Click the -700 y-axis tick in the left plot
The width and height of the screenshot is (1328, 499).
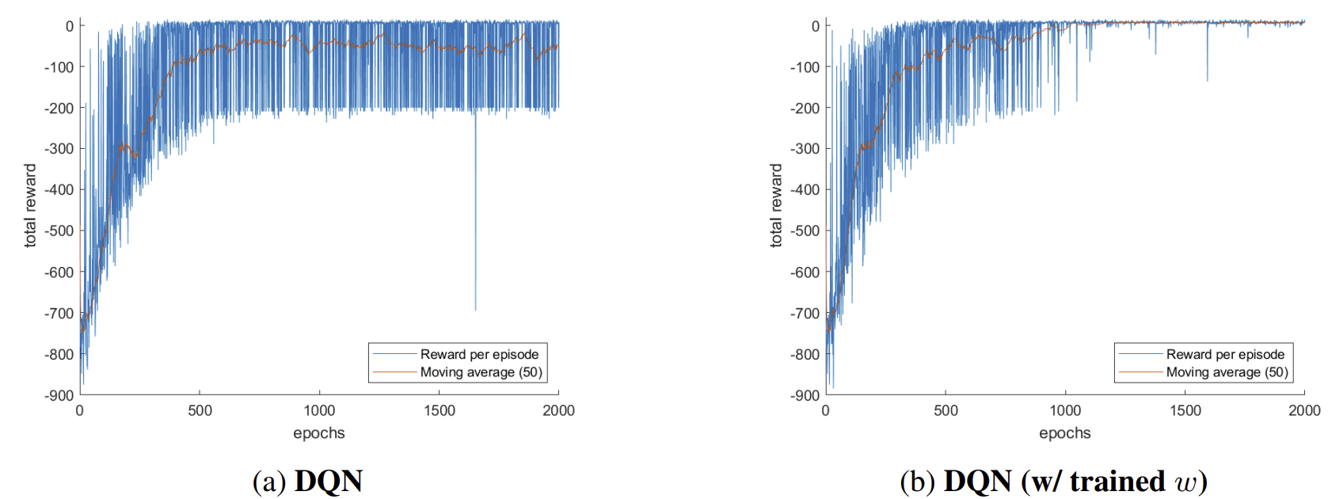[x=59, y=313]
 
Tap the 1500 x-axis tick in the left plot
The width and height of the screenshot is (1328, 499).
[x=439, y=410]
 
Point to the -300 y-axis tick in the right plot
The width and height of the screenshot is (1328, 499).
[x=805, y=149]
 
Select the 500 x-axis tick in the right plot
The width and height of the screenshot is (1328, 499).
[x=946, y=410]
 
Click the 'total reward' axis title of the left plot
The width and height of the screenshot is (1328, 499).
[x=30, y=206]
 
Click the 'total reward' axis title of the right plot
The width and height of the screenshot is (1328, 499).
[x=776, y=206]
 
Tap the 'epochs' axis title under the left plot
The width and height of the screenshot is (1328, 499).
[x=319, y=433]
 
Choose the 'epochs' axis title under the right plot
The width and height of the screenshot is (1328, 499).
[x=1065, y=433]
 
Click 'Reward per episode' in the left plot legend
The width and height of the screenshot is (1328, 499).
[x=479, y=354]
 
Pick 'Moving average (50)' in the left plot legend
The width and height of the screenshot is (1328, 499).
[x=481, y=372]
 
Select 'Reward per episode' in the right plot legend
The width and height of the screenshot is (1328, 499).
[x=1225, y=354]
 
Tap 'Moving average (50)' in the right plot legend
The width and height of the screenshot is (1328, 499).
[x=1227, y=372]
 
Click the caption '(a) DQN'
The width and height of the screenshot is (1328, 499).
[x=307, y=481]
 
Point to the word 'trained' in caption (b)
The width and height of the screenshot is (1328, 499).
[x=1117, y=481]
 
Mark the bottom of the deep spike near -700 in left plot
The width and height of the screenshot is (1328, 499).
[x=475, y=310]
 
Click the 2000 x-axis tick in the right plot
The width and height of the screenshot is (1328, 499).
[x=1304, y=410]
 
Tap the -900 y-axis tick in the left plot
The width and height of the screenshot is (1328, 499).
[x=59, y=395]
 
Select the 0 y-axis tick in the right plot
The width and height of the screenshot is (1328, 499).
[x=816, y=26]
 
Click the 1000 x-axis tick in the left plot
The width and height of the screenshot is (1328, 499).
[x=319, y=410]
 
